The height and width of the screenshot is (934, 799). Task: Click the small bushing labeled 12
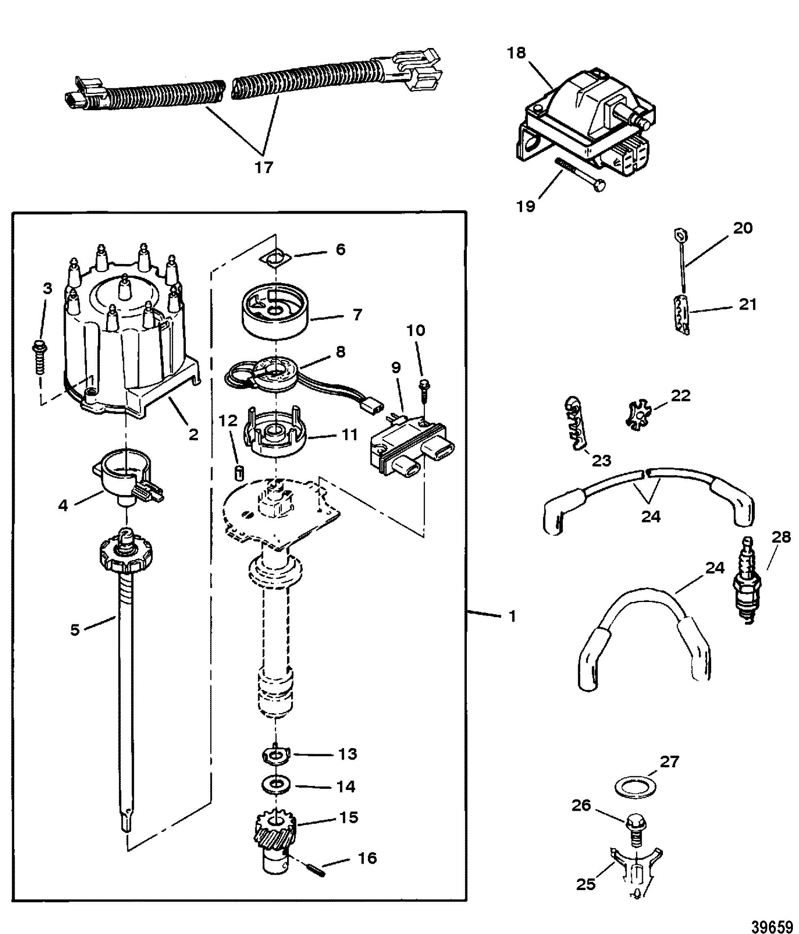point(240,474)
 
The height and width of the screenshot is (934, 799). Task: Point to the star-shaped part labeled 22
point(637,413)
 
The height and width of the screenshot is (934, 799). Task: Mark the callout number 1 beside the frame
point(512,616)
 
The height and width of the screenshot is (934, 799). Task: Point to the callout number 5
point(75,630)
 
